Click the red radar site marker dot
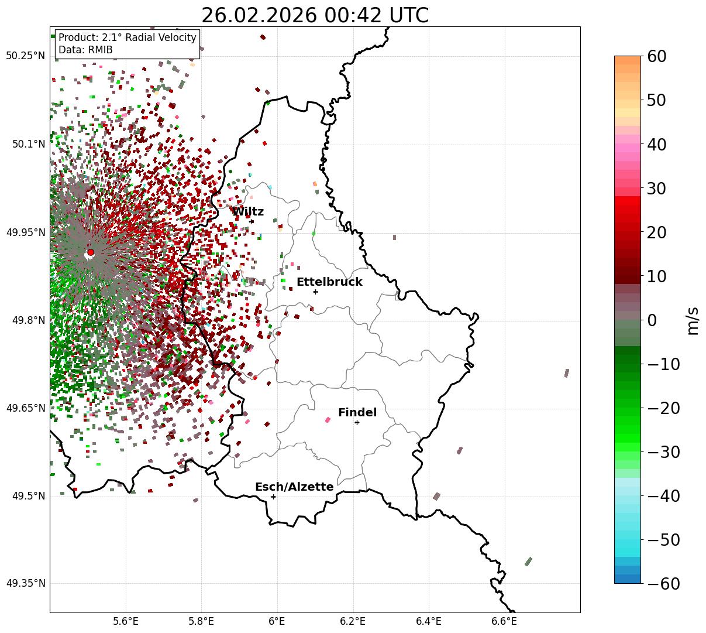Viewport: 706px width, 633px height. click(91, 252)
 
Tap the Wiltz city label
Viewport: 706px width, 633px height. click(248, 212)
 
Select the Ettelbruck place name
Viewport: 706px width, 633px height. click(329, 282)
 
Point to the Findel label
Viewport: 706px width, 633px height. click(357, 413)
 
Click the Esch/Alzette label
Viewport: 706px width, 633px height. click(294, 487)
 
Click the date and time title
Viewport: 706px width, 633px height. click(315, 15)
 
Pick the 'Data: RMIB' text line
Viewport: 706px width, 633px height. click(85, 50)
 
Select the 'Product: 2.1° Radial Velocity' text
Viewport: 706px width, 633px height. click(128, 37)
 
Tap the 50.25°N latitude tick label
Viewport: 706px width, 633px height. click(25, 56)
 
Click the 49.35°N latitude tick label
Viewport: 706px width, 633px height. click(25, 583)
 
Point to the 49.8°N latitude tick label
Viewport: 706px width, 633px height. click(27, 320)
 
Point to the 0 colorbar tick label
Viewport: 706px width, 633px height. click(652, 320)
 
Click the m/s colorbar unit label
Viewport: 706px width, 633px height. click(693, 320)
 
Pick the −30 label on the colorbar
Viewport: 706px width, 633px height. click(663, 452)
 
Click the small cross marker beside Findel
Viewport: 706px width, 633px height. click(357, 422)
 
